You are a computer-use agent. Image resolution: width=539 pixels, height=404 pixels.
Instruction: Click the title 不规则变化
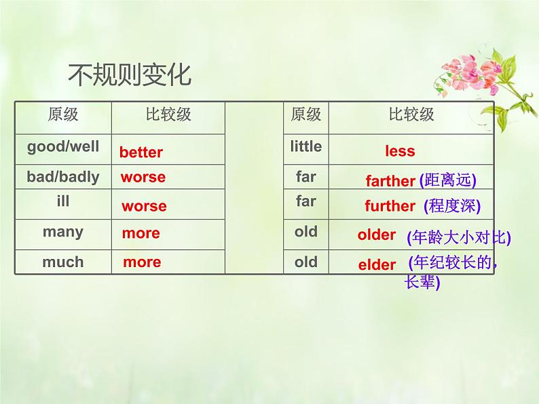pos(130,75)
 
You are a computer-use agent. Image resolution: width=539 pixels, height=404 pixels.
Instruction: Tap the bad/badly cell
pos(63,177)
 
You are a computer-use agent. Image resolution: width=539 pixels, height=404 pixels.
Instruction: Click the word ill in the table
pos(63,201)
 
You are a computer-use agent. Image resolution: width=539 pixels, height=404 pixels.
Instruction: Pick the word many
pos(63,232)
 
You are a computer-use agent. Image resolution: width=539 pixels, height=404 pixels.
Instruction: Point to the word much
pos(63,262)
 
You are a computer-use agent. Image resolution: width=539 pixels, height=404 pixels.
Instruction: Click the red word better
pos(141,152)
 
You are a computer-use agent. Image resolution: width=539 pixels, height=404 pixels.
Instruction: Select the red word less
pos(400,151)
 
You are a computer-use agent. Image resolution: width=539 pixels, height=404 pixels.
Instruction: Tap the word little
pos(306,146)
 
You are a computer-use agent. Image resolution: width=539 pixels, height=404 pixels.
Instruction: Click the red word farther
pos(390,181)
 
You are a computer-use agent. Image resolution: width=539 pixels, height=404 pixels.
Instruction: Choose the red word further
pos(390,206)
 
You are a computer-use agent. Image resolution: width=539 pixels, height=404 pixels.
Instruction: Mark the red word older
pos(377,235)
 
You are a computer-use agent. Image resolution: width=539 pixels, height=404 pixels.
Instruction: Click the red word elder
pos(377,264)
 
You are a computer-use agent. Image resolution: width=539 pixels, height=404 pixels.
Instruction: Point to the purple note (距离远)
pos(447,180)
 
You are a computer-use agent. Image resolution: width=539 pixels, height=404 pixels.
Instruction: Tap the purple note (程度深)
pos(451,205)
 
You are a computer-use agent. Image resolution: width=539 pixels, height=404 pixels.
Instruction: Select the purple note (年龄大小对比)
pos(458,238)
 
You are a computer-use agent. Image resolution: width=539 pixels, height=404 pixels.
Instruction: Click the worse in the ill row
pos(144,206)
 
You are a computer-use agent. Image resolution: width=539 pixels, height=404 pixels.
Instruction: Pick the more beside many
pos(141,233)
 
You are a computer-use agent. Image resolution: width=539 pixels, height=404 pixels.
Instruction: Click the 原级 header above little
pos(306,114)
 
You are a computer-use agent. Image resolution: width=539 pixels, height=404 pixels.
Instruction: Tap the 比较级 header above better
pos(168,114)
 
